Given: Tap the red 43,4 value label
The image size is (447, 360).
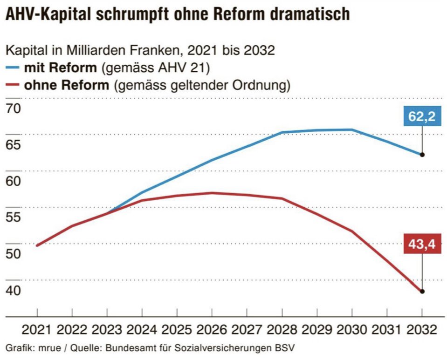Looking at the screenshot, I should (422, 245).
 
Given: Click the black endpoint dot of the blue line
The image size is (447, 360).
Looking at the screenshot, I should (422, 155).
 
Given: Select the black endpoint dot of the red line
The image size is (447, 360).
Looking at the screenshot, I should (422, 292).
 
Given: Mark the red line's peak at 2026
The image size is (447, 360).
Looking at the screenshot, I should (212, 193).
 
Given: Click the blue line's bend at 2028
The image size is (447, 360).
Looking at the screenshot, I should (282, 132).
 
